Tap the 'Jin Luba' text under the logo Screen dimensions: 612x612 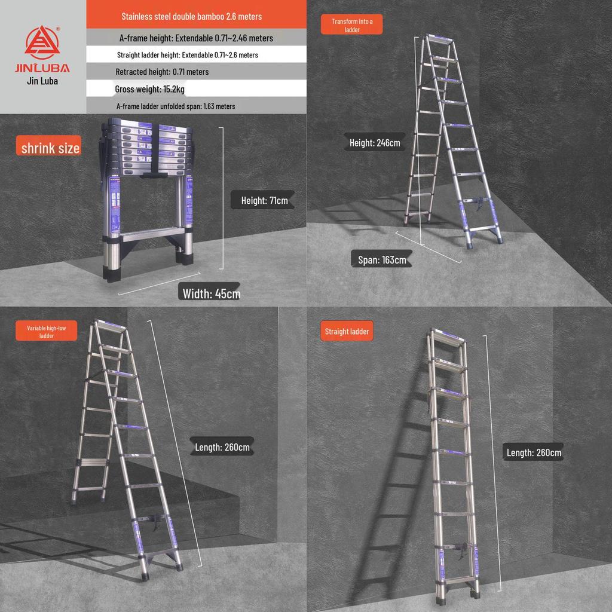pos(42,81)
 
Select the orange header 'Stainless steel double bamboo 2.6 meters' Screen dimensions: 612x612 pos(192,16)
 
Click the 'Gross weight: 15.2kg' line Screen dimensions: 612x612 pos(150,89)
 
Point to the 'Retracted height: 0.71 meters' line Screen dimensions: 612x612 pos(162,72)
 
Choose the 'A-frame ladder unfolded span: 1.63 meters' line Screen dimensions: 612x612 pos(176,106)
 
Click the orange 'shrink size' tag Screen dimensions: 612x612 pos(50,148)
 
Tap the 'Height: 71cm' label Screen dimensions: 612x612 pos(264,201)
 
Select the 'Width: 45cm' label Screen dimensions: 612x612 pos(212,293)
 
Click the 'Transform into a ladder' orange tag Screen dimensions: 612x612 pos(352,25)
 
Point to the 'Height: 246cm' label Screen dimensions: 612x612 pos(375,143)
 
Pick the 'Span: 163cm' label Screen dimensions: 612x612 pos(382,260)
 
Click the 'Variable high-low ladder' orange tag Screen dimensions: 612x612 pos(47,332)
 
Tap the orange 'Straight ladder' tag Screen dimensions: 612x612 pos(347,332)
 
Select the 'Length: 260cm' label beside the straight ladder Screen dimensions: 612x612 pos(534,452)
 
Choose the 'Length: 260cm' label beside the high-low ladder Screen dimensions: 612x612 pos(222,447)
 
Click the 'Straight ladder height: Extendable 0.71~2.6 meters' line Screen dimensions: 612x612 pos(188,55)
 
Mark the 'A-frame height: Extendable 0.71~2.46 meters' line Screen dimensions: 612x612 pos(196,38)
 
